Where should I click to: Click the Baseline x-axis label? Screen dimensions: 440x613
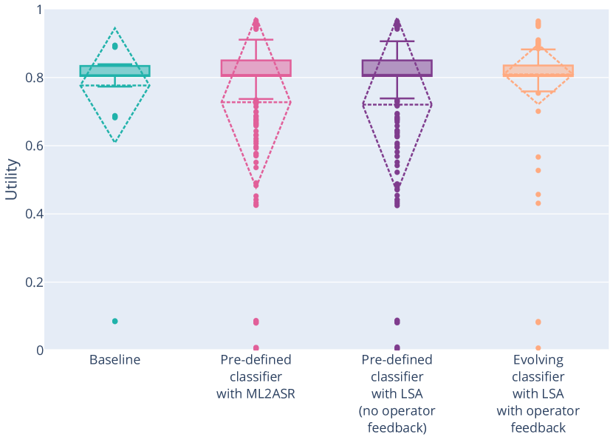click(x=114, y=360)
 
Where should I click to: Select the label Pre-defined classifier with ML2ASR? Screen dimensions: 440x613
click(x=256, y=376)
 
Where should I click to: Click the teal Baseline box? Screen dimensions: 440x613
click(x=114, y=71)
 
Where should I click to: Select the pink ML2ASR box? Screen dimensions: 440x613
click(x=256, y=68)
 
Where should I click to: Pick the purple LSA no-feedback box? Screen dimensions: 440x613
click(x=397, y=68)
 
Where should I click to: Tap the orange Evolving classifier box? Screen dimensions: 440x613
click(x=538, y=71)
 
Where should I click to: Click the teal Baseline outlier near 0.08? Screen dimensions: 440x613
click(x=114, y=321)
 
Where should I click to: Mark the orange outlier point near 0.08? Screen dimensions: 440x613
click(x=538, y=322)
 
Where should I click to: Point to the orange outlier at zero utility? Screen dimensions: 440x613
click(x=538, y=348)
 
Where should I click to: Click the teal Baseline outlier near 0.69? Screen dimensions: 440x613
click(x=114, y=117)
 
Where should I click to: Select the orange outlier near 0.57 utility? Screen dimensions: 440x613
click(x=538, y=157)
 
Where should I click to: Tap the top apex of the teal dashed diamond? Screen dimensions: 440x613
click(x=114, y=28)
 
